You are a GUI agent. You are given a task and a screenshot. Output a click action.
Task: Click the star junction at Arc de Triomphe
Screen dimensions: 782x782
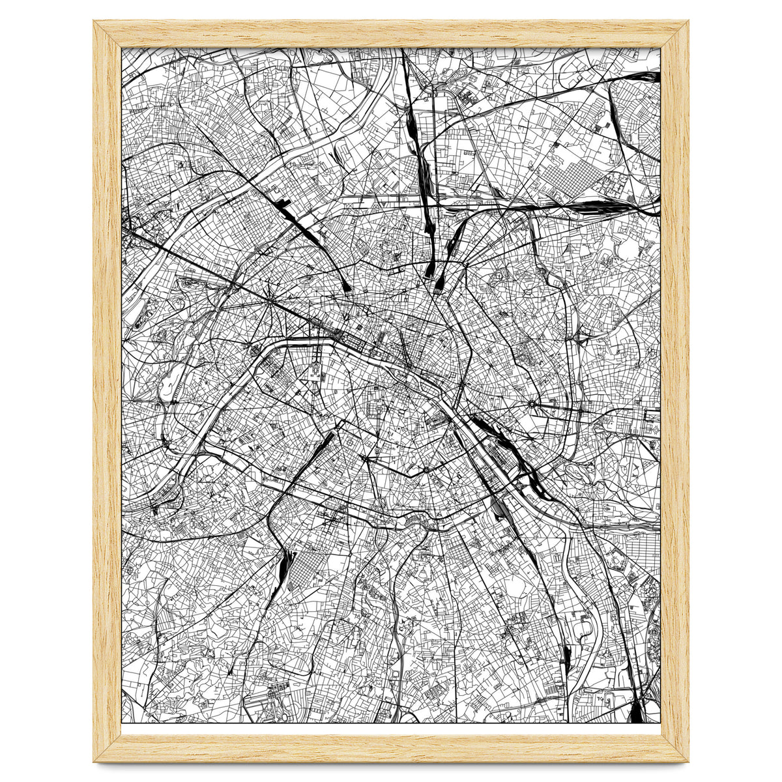click(x=270, y=304)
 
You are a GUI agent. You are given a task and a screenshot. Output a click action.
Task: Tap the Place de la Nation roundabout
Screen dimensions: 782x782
click(x=533, y=405)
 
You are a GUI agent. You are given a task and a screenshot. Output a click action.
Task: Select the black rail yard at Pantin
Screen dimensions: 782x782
click(x=586, y=207)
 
